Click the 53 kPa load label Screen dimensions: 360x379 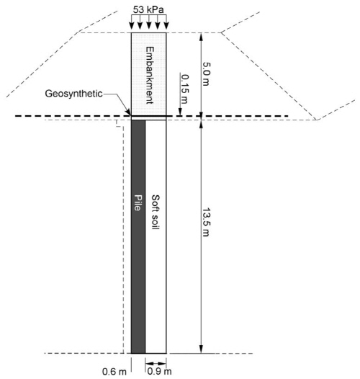[148, 9]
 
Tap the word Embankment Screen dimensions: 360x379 [150, 75]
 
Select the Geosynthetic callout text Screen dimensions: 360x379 [73, 94]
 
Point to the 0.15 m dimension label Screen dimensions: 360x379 [185, 89]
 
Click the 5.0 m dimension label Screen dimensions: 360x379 [206, 74]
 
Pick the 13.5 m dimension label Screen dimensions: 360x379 [206, 222]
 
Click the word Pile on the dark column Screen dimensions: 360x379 [138, 202]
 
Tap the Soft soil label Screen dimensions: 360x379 [156, 212]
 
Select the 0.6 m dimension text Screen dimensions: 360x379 [114, 372]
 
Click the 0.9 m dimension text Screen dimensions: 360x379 [159, 371]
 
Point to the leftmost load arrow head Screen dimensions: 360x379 [131, 26]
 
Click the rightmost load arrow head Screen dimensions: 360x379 [166, 26]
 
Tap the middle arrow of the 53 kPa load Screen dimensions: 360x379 [149, 22]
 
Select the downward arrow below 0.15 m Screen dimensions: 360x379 [180, 94]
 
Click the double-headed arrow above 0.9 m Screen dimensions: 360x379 [156, 363]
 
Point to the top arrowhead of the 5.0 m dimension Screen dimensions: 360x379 [201, 36]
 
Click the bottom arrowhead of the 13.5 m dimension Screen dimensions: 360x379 [201, 349]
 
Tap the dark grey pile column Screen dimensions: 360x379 [138, 236]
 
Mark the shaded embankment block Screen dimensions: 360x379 [149, 74]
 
